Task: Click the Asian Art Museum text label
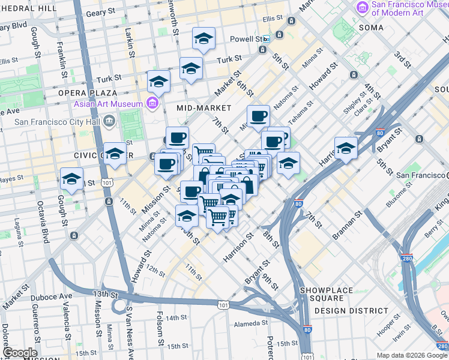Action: [108, 104]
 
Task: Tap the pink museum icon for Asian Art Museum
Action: [152, 104]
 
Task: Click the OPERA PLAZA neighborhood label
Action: [87, 93]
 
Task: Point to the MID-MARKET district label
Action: [204, 108]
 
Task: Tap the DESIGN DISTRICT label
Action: [351, 310]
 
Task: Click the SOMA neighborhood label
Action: [371, 28]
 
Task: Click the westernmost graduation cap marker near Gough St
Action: [71, 179]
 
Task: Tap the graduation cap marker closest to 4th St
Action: [346, 148]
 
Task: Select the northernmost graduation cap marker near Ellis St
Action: [203, 39]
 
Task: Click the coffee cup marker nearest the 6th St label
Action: [258, 116]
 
